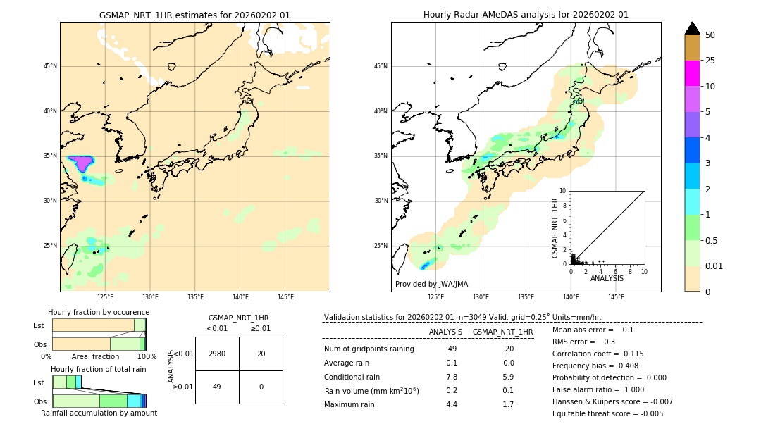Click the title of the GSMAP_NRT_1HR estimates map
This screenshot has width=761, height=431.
tap(194, 15)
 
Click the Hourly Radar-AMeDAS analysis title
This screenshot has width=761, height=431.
tap(526, 15)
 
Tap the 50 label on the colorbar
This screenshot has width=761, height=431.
tap(710, 35)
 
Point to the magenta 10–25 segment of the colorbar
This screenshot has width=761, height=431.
tap(692, 73)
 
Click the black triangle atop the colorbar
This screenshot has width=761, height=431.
tap(692, 28)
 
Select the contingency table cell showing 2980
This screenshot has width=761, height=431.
tap(217, 354)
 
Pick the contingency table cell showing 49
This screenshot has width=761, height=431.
tap(217, 387)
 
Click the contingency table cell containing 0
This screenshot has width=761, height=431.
tap(261, 387)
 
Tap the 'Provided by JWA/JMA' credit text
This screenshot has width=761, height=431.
tap(431, 284)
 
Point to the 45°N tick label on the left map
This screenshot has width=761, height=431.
tap(50, 67)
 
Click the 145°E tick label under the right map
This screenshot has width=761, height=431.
tap(616, 297)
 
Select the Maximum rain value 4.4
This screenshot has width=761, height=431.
tap(452, 404)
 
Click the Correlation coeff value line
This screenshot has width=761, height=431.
tap(598, 354)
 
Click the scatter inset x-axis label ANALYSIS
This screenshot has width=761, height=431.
tap(607, 278)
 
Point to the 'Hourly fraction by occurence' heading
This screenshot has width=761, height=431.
tap(99, 312)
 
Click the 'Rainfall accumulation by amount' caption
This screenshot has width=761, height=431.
tap(99, 413)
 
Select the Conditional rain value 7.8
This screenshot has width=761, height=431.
tap(452, 377)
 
